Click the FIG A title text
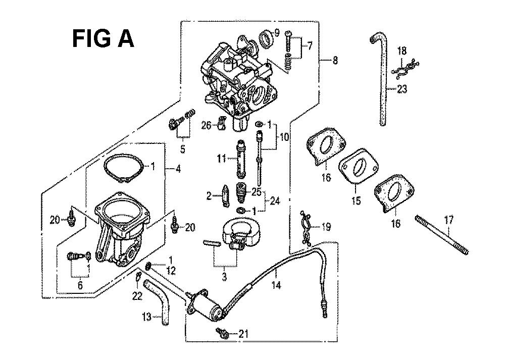coord(103,38)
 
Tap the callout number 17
coord(448,220)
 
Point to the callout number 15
coord(356,201)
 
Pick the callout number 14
coord(276,285)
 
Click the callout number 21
coord(243,334)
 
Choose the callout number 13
coord(146,317)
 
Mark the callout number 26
coord(207,125)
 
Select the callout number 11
coord(221,159)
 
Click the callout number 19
coord(326,227)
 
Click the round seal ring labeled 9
coord(267,39)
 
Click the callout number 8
coord(335,60)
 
